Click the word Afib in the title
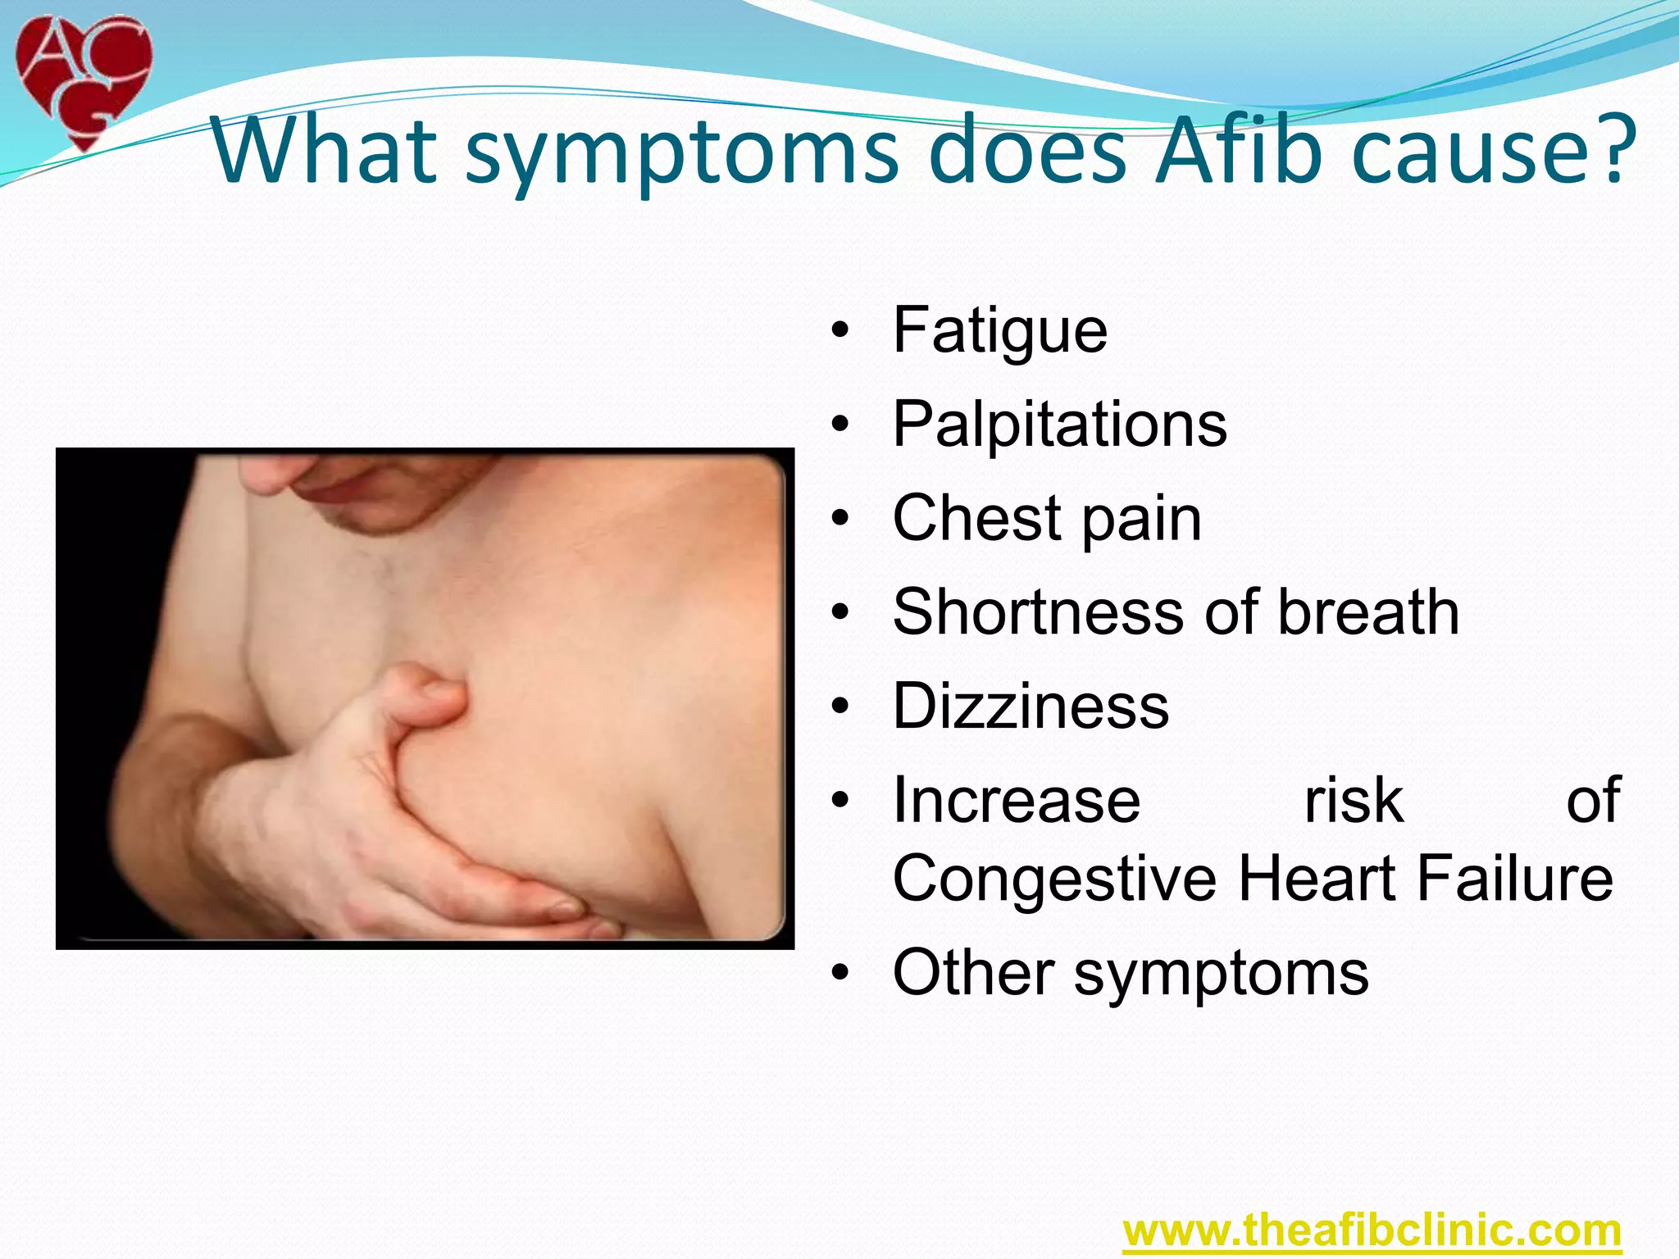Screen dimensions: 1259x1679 [1239, 151]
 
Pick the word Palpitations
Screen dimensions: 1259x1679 [1059, 425]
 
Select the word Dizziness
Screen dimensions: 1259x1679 [1031, 707]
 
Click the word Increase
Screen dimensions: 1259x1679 [1017, 800]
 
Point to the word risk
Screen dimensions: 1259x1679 [1354, 800]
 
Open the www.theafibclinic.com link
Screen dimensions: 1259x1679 [1372, 1230]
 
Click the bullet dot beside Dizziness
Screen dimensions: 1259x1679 [839, 707]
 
